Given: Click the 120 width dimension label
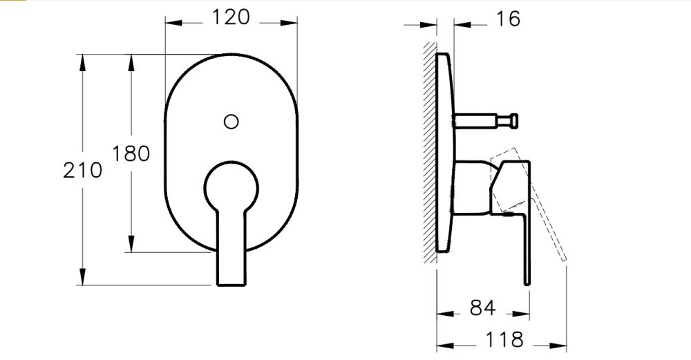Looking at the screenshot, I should pyautogui.click(x=231, y=17).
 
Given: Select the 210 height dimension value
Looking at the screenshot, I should pyautogui.click(x=82, y=169).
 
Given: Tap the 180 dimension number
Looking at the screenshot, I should pyautogui.click(x=131, y=153).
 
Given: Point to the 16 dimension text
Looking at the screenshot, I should pyautogui.click(x=508, y=19).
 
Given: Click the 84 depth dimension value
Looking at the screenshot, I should pyautogui.click(x=482, y=309).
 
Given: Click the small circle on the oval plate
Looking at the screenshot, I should pyautogui.click(x=231, y=122).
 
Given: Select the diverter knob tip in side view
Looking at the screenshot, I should pyautogui.click(x=515, y=122).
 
